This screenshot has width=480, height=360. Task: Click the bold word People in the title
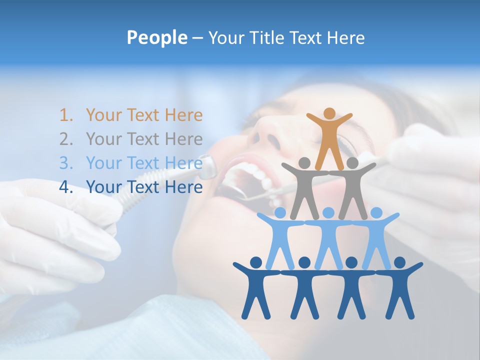click(156, 38)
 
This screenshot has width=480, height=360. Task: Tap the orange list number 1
click(66, 115)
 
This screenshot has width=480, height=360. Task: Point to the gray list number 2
click(66, 139)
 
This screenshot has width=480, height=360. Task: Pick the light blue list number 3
click(66, 163)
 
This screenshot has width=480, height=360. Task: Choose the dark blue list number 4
click(66, 187)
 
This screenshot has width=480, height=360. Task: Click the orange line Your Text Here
click(144, 115)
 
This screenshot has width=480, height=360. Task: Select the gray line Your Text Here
click(144, 139)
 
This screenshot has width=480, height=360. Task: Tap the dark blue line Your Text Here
click(144, 187)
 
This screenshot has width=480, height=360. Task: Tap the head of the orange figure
click(329, 113)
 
